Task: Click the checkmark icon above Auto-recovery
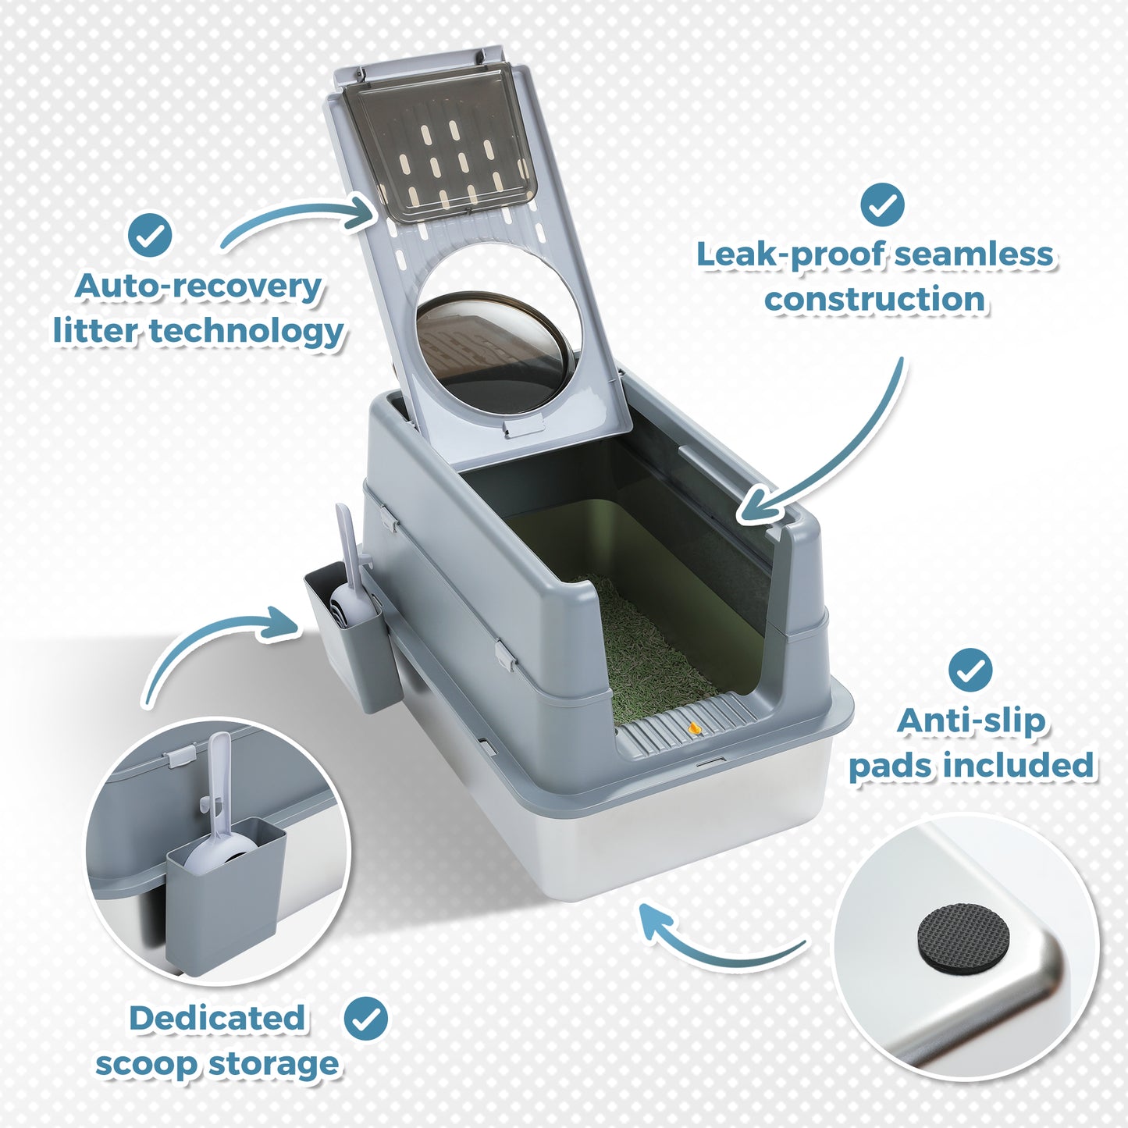(150, 234)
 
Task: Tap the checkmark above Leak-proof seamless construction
(882, 205)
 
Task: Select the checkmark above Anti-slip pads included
(970, 669)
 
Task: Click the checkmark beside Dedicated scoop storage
(366, 1018)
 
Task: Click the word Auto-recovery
(198, 286)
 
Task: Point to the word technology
(247, 332)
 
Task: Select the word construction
(875, 299)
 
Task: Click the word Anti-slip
(971, 721)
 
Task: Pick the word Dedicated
(217, 1018)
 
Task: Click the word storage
(274, 1064)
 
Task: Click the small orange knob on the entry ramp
(694, 729)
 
